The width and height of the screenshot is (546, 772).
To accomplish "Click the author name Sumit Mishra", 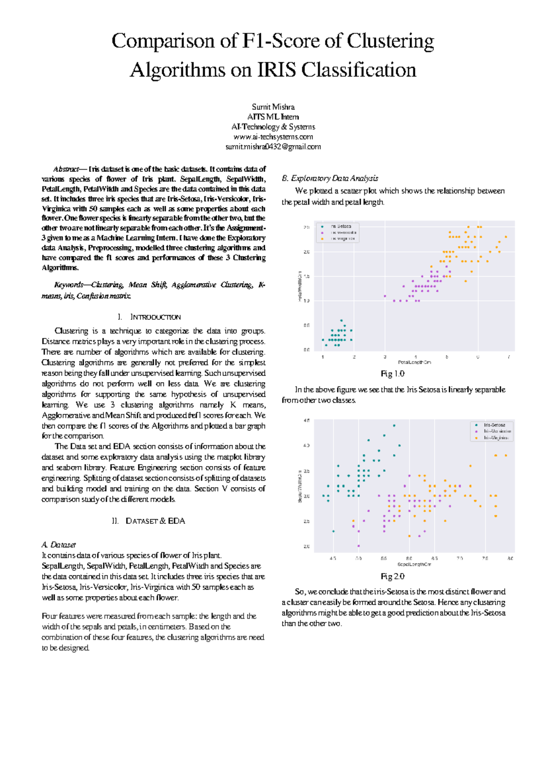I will point(273,107).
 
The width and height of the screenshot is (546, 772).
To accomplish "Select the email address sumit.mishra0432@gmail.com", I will point(273,147).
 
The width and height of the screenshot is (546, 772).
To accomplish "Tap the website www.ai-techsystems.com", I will point(273,137).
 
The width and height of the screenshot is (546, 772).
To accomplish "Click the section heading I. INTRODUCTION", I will point(149,317).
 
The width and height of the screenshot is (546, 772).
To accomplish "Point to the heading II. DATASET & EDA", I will point(149,521).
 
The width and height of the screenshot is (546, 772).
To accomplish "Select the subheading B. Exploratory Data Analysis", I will point(330,178).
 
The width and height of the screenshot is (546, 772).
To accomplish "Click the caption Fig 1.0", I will point(392,374).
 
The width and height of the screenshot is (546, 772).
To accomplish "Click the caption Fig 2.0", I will point(392,576).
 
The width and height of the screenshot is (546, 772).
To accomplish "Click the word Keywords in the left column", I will point(68,285).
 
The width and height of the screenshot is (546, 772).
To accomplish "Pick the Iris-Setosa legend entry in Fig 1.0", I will point(340,226).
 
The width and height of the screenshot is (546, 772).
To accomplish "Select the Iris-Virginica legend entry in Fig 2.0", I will point(495,437).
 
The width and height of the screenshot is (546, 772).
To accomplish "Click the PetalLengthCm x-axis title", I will point(414,362).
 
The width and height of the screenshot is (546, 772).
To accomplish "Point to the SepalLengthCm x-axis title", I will point(414,564).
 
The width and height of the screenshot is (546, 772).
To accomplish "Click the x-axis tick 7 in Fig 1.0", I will point(509,357).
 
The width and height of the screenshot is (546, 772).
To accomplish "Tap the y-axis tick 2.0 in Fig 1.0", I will point(307,252).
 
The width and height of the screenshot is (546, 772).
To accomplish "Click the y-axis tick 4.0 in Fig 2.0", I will point(307,446).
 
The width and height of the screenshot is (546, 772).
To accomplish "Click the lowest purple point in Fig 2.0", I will point(359,546).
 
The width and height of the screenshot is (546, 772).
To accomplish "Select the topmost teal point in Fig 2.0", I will point(394,426).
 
